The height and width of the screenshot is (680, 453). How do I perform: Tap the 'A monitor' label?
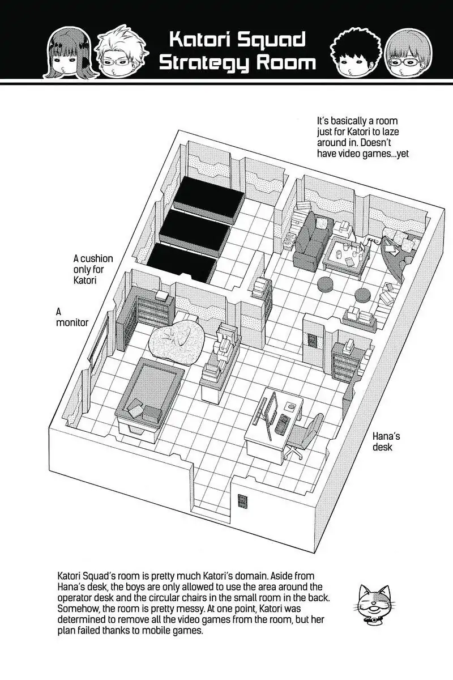(x=72, y=317)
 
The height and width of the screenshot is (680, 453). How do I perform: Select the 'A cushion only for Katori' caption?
(x=93, y=269)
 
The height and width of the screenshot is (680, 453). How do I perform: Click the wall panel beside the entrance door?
(x=242, y=501)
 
